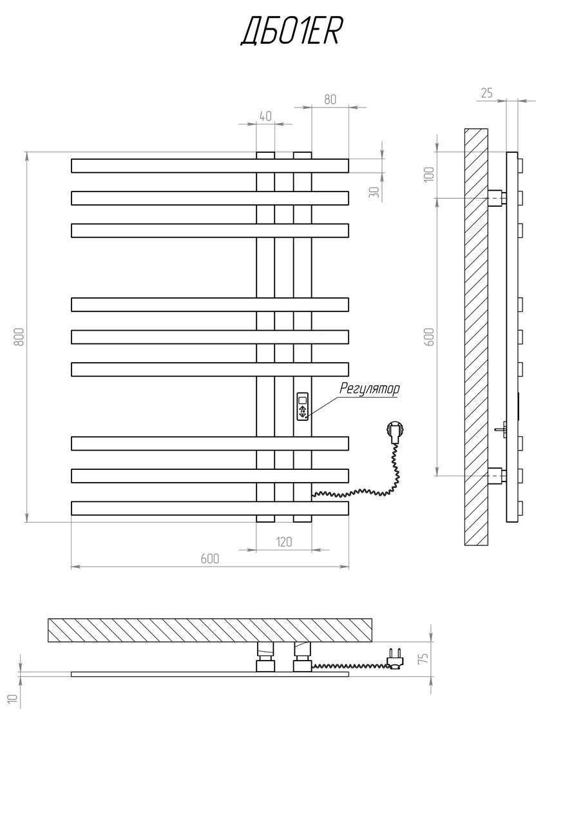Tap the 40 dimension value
click(x=265, y=116)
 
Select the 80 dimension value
click(x=330, y=99)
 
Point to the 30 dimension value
click(x=374, y=192)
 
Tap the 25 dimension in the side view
click(x=486, y=93)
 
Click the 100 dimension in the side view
click(x=430, y=174)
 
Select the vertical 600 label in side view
click(x=430, y=336)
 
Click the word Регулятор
click(x=369, y=389)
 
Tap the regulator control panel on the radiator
click(x=302, y=406)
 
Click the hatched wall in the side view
click(x=476, y=336)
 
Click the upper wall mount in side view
click(x=497, y=197)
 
